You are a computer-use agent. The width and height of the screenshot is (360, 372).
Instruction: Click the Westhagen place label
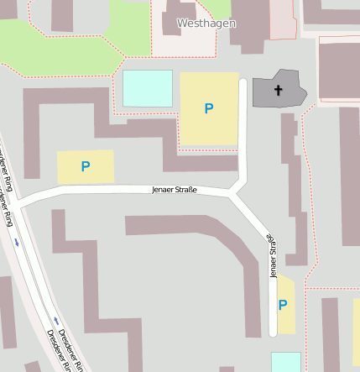206,24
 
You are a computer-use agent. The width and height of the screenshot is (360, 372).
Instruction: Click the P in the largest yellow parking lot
209,108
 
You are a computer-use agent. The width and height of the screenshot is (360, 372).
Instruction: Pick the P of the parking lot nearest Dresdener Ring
85,166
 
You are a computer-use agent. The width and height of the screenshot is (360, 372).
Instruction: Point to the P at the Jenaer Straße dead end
282,305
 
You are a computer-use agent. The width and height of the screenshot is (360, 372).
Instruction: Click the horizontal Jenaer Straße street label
175,190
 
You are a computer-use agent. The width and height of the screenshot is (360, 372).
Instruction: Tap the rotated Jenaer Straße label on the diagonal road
271,255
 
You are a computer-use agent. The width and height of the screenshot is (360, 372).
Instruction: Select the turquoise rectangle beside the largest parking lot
148,88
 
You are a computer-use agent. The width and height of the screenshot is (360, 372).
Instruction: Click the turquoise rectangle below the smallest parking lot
285,362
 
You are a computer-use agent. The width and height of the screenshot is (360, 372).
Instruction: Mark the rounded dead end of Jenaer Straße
273,333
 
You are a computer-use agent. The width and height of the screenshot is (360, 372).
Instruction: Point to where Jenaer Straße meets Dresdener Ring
18,203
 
